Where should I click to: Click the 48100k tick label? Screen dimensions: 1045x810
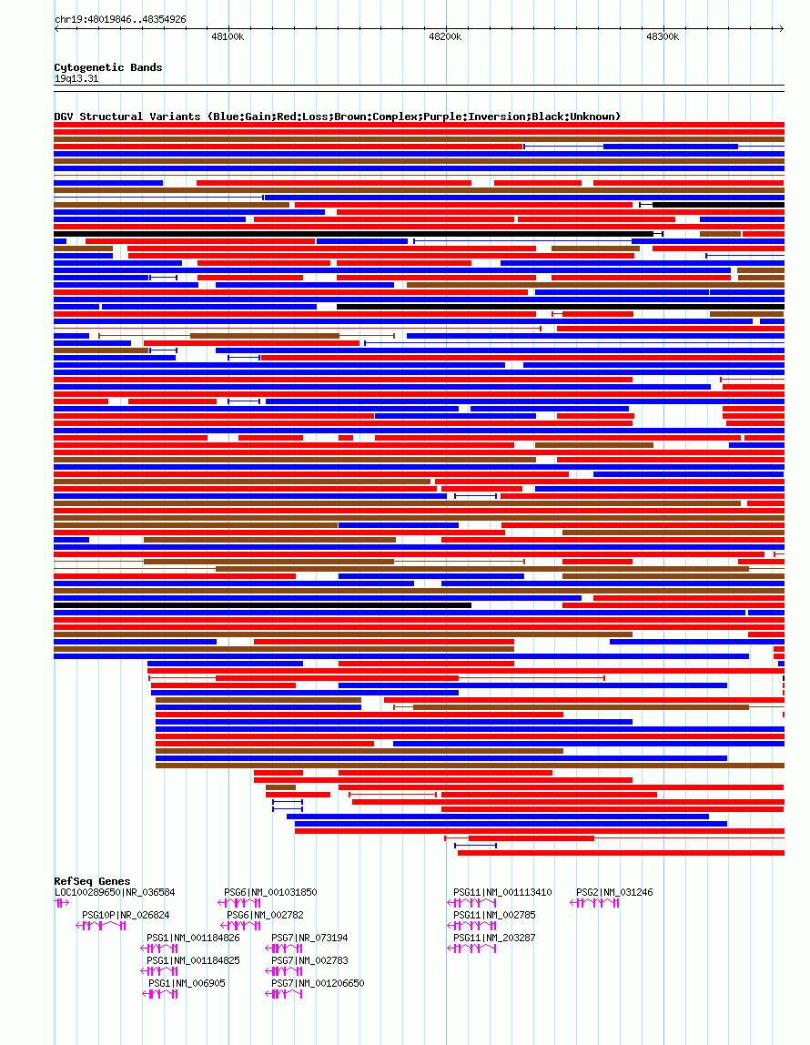click(228, 36)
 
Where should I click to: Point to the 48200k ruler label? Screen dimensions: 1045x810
click(445, 36)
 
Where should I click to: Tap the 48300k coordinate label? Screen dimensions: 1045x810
click(663, 36)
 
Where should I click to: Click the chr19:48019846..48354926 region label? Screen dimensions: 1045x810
click(120, 19)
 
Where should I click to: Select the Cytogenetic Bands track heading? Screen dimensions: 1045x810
click(107, 67)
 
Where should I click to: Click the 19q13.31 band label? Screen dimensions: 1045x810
click(76, 78)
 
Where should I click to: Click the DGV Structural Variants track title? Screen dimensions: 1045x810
click(337, 117)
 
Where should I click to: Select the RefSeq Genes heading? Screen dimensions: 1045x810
click(92, 881)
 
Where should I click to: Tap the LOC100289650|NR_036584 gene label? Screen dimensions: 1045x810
click(115, 892)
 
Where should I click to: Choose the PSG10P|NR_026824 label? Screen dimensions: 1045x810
click(126, 915)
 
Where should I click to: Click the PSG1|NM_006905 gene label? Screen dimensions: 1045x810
click(187, 983)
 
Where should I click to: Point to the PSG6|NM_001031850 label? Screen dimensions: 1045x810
click(270, 892)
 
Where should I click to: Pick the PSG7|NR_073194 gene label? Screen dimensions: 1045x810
click(309, 938)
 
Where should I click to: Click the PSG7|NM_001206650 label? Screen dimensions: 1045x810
click(318, 983)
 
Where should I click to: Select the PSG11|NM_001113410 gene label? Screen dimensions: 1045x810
click(502, 892)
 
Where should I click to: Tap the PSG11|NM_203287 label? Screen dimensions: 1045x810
click(494, 938)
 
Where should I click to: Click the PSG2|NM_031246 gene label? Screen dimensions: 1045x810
click(614, 892)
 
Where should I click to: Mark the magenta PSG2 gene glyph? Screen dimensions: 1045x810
click(595, 903)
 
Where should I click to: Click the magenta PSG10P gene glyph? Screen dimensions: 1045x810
click(101, 926)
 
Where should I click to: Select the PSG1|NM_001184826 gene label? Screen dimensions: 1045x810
click(193, 938)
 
